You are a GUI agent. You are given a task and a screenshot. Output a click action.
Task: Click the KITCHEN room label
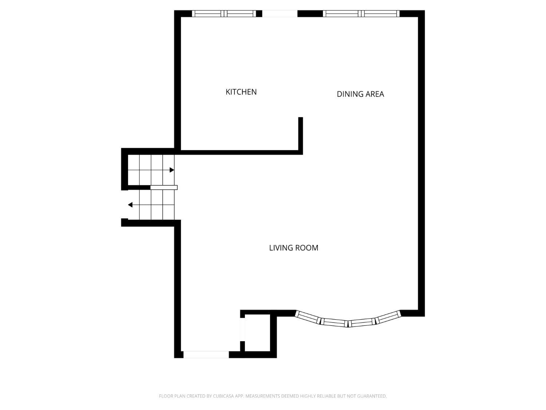coord(241,92)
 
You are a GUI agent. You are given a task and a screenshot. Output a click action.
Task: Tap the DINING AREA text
coord(360,94)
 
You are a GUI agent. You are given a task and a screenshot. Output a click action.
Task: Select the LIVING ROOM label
coord(293,248)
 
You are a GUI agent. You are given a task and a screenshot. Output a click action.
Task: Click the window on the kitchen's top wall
coord(224,14)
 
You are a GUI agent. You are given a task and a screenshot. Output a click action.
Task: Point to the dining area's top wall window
coord(361,14)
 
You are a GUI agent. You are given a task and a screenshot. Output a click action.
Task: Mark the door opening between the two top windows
coord(280,14)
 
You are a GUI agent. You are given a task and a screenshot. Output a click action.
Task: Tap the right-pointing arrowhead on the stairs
coord(172,170)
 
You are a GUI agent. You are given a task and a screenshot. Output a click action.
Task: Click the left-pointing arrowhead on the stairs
coord(130,205)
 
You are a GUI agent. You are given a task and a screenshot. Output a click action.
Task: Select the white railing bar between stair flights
coord(164,187)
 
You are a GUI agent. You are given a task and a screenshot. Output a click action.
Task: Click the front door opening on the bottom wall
coord(206,354)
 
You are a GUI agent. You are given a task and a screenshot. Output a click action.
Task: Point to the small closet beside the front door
coord(257,332)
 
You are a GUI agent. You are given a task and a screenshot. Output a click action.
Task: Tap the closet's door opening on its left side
coord(242,329)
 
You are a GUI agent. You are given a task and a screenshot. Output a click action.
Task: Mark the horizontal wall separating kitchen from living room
coord(240,152)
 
